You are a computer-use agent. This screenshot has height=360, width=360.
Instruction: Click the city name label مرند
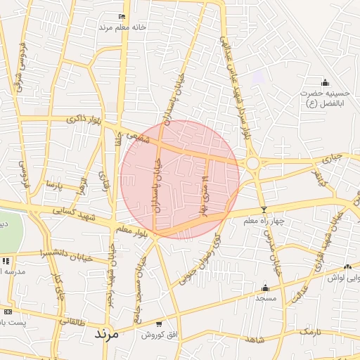tap(109, 335)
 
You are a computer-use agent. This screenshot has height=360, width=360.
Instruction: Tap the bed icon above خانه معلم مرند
tap(122, 16)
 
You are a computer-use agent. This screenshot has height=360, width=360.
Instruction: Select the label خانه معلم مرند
tap(122, 27)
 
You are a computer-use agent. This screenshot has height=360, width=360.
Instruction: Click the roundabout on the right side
tap(252, 163)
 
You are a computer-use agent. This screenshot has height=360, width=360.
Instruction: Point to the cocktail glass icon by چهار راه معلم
tap(264, 210)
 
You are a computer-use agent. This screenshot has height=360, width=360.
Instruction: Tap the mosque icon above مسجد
tap(265, 288)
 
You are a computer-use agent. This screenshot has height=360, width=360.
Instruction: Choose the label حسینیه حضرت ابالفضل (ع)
tap(325, 98)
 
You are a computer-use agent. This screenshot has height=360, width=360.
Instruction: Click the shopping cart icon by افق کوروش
tap(160, 323)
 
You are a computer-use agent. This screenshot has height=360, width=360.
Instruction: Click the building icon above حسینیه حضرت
tap(325, 82)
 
